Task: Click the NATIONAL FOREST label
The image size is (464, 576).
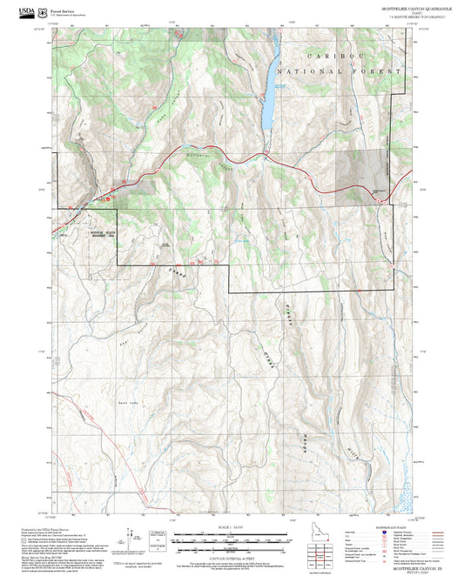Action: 339,70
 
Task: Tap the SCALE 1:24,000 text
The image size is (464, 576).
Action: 231,527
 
